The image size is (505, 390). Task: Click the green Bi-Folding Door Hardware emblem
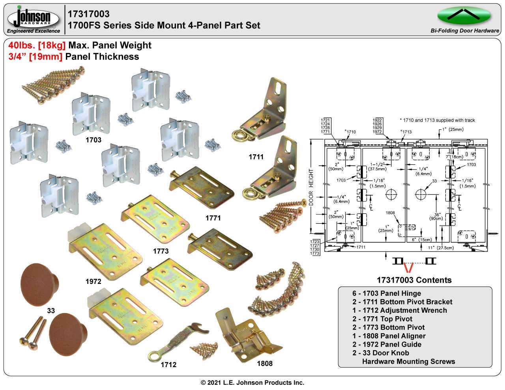tap(464, 16)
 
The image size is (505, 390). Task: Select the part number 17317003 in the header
tap(89, 14)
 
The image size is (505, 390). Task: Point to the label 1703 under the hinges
tap(94, 140)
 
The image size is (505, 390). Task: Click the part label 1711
tap(256, 157)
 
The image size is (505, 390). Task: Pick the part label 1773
tap(161, 251)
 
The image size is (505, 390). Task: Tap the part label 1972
tap(94, 282)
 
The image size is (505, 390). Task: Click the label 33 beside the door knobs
tap(51, 311)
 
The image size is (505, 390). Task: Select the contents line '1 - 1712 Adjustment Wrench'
tap(400, 310)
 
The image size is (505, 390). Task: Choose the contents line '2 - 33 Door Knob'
tap(381, 353)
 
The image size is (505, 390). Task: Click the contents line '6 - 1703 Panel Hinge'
tap(387, 293)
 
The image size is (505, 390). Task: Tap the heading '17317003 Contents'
tap(414, 280)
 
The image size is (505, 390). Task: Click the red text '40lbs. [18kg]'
tap(37, 45)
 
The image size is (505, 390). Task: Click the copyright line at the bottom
tap(252, 383)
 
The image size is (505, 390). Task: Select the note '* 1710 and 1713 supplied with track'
tap(437, 120)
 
